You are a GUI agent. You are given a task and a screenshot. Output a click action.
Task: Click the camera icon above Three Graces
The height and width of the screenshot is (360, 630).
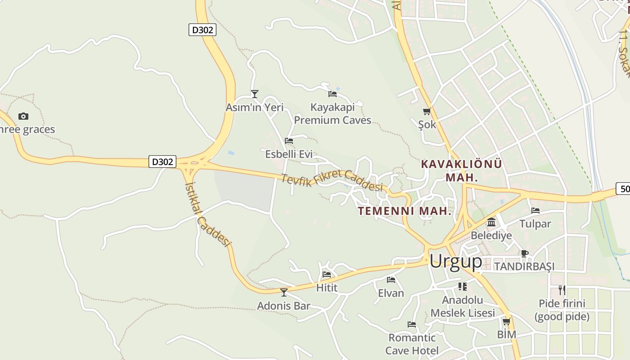point(23,117)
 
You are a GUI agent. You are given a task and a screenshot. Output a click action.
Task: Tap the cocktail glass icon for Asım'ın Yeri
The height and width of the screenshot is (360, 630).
point(255,94)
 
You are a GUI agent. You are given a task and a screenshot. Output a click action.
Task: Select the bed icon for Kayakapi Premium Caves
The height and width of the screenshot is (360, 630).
point(333,94)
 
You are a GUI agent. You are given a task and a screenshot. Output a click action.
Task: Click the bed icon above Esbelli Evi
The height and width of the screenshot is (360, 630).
point(289,141)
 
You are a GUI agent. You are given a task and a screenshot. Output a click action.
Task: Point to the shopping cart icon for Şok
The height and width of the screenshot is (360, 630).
point(427,111)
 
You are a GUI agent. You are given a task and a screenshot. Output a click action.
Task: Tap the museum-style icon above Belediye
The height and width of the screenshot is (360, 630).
point(491,222)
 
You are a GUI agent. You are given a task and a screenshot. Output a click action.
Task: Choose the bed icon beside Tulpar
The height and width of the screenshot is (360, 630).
point(535,211)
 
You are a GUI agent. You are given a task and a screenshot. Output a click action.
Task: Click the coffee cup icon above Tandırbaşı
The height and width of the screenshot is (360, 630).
point(524,253)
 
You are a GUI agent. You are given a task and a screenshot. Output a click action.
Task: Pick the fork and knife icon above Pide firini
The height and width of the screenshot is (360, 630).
point(562,290)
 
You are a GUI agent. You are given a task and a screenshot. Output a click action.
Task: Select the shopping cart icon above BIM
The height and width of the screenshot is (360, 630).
point(507,321)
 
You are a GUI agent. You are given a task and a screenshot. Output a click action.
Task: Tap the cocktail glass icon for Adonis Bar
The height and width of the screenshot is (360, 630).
point(283,292)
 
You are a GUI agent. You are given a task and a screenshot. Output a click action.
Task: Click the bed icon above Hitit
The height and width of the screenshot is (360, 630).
point(327,274)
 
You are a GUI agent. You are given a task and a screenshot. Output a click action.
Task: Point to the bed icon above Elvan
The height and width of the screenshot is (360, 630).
point(391,280)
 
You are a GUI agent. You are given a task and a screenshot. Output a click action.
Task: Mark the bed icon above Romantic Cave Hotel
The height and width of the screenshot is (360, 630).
point(411,324)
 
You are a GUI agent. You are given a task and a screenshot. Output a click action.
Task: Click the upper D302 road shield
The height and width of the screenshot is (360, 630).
point(202,30)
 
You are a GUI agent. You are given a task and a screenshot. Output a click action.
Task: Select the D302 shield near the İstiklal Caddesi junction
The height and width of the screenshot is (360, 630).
point(162,162)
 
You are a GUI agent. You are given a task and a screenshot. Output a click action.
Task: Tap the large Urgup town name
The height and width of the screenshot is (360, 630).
point(455,261)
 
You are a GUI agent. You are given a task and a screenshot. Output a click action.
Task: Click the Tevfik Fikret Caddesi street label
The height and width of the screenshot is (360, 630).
point(332,181)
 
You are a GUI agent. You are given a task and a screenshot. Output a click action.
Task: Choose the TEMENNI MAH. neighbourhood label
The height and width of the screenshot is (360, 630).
point(405,211)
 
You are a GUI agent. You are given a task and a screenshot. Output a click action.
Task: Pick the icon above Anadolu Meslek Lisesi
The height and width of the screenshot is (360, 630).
point(463,286)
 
